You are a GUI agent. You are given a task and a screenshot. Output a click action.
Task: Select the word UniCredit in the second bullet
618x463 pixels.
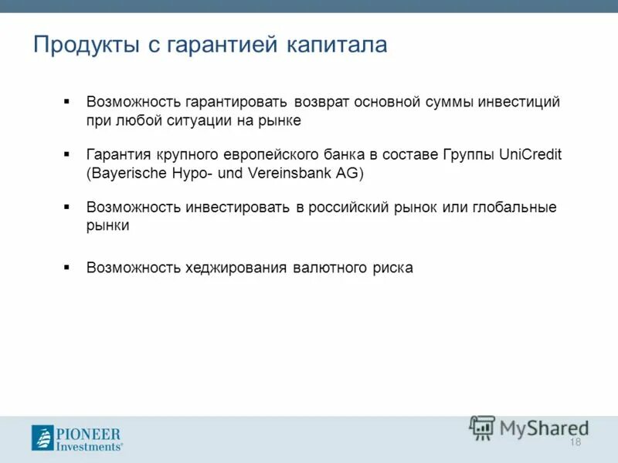tap(521, 154)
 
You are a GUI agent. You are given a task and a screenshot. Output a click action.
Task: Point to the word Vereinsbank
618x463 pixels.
tap(290, 174)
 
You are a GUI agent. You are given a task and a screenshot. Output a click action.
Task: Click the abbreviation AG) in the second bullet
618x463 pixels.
tap(348, 174)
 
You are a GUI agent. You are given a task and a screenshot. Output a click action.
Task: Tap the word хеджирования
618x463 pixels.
tap(236, 268)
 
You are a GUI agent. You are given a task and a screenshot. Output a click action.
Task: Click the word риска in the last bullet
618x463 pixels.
tap(391, 268)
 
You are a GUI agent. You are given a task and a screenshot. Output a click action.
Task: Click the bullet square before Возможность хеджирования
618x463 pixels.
tap(66, 267)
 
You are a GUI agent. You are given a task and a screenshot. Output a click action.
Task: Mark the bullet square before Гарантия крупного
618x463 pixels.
tap(66, 154)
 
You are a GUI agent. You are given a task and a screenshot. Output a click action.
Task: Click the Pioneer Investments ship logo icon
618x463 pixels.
tap(42, 438)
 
